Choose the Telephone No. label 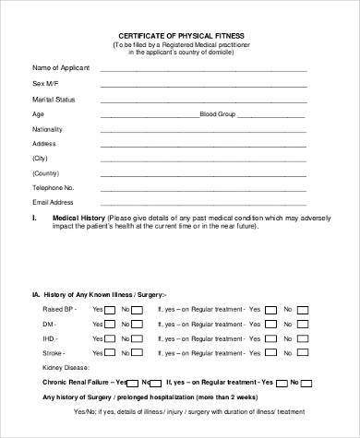tap(53, 187)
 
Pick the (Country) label tap(45, 172)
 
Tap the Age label tap(38, 113)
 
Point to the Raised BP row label tap(60, 311)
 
